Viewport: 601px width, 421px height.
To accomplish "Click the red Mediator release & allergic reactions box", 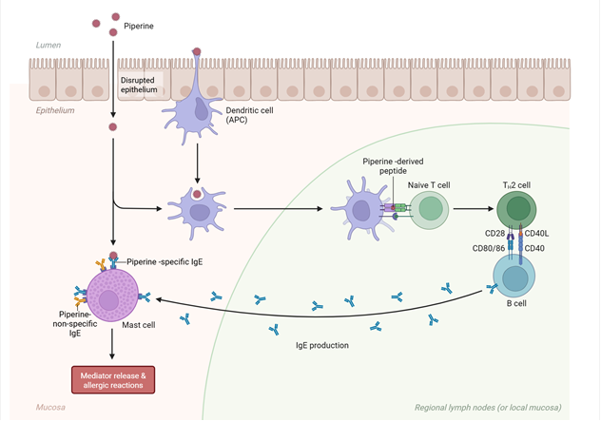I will click(x=112, y=377).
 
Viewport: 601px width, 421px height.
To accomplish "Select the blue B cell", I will click(x=513, y=277).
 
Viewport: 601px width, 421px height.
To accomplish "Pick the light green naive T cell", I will click(x=428, y=209).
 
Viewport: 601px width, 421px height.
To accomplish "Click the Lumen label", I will click(x=48, y=45).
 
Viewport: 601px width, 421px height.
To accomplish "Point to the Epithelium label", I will click(x=55, y=110).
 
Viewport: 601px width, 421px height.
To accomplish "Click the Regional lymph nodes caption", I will click(x=487, y=408).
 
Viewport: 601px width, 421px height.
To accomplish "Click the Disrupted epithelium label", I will click(x=138, y=85).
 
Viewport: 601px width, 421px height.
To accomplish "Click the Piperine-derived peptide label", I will click(x=391, y=167).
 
